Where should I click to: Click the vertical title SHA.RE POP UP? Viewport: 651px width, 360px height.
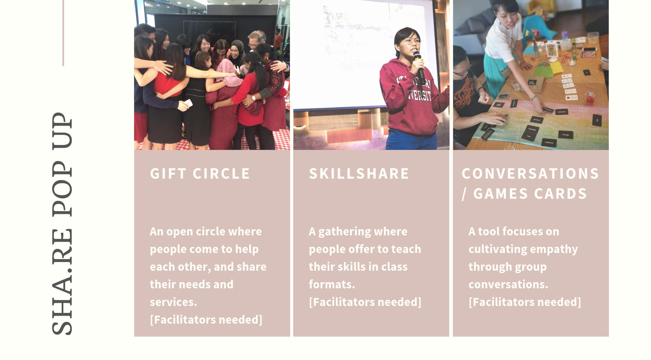62,223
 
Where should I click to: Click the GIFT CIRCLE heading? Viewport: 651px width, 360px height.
200,174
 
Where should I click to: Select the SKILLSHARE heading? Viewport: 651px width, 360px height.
359,174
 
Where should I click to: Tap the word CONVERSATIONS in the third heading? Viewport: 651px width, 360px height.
530,174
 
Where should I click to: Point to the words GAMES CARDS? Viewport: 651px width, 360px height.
530,194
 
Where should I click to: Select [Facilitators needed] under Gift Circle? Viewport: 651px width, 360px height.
206,319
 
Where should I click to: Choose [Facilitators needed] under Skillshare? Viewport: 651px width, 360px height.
365,302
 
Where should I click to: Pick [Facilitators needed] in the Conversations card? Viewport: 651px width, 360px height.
525,302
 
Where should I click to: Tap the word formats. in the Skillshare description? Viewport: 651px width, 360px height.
332,285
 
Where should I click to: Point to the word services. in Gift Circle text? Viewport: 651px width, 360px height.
173,302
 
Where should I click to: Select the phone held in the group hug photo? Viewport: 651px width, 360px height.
188,103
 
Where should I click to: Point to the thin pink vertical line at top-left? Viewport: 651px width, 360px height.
63,33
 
